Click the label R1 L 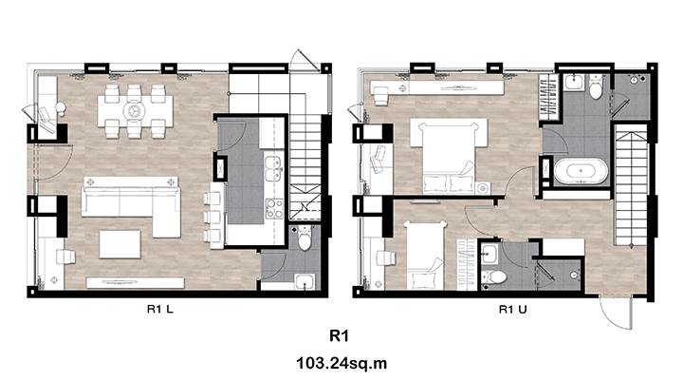point(160,310)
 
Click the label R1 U point(512,310)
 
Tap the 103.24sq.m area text point(341,363)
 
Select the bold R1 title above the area point(340,335)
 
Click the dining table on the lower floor point(135,111)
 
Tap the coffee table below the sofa point(120,244)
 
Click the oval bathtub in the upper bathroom point(581,171)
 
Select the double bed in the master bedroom point(449,156)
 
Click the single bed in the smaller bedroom point(424,256)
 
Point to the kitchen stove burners point(275,208)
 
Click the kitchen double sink point(273,169)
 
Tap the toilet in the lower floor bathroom point(305,238)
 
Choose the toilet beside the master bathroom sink point(596,86)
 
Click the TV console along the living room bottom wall point(135,283)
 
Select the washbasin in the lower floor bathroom point(305,281)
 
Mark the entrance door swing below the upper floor point(616,313)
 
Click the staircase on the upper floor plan point(630,184)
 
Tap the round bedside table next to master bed point(483,188)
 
